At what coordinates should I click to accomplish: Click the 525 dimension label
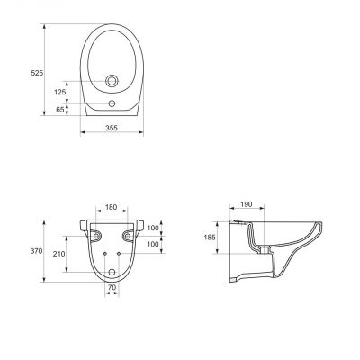[x=37, y=73]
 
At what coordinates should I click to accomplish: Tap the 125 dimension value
[x=60, y=92]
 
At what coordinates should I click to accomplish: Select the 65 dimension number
[x=60, y=110]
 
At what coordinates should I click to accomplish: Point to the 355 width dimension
[x=112, y=128]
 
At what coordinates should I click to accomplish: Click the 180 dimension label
[x=112, y=207]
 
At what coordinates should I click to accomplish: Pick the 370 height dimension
[x=36, y=251]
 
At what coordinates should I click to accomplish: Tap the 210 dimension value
[x=58, y=254]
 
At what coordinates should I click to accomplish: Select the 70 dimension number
[x=112, y=287]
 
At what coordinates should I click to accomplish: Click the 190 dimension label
[x=247, y=204]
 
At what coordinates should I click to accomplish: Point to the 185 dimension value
[x=210, y=238]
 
